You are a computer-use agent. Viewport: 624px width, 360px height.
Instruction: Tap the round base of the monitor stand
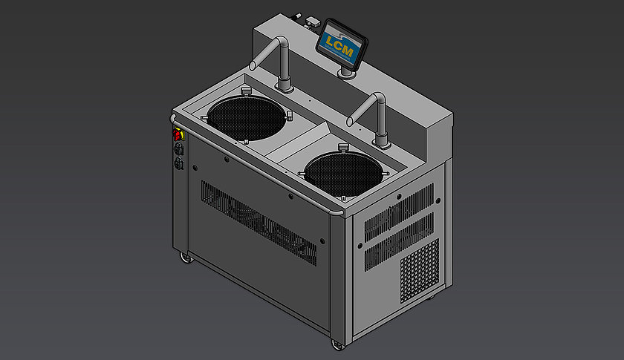(345, 73)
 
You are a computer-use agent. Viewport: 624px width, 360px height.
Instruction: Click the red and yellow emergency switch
(178, 135)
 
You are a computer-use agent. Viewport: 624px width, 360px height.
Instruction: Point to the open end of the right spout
(350, 117)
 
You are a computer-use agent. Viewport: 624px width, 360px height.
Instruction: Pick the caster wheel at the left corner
(184, 258)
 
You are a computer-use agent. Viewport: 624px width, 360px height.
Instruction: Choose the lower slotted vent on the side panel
(398, 241)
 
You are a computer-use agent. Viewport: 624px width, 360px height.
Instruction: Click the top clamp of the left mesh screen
(244, 91)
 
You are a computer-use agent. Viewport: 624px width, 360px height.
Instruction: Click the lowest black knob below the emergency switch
(178, 165)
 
